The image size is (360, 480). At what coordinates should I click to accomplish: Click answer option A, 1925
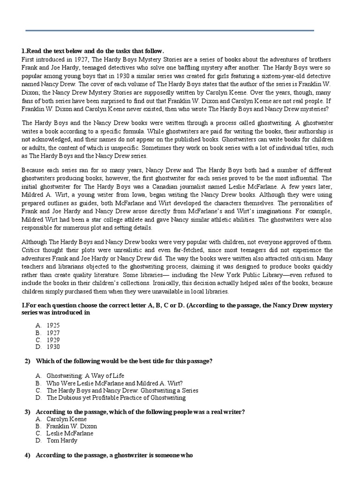click(53, 325)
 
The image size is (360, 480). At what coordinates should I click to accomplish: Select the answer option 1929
click(53, 340)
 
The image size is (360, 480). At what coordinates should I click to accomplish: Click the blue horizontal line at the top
click(169, 31)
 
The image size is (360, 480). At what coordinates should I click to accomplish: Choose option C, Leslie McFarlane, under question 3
click(69, 434)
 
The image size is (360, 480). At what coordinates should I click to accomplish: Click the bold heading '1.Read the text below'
click(93, 51)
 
